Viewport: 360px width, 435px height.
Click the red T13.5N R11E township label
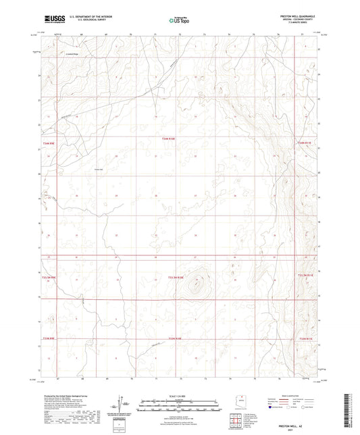click(305, 276)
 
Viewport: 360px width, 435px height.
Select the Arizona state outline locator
click(238, 396)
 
